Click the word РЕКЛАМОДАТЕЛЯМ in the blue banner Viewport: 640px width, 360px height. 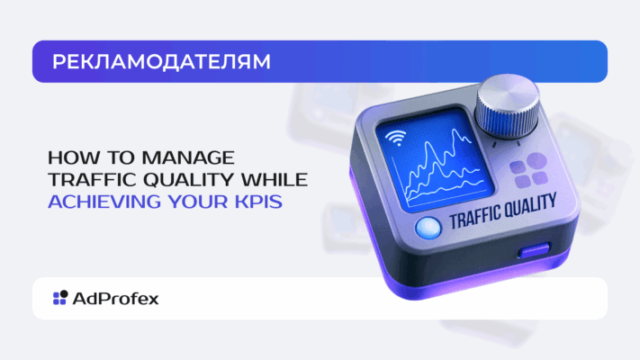(161, 61)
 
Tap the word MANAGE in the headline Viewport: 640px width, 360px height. (188, 157)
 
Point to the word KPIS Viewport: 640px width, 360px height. (258, 202)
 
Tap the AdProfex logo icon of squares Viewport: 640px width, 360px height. (60, 298)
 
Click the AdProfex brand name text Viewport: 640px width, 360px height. (115, 299)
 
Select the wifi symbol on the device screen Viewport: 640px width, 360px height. (396, 137)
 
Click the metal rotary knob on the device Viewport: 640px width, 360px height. (508, 106)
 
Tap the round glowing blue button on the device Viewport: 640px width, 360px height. (428, 228)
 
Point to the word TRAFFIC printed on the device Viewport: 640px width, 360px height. (474, 215)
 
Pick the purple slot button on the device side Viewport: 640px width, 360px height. (535, 250)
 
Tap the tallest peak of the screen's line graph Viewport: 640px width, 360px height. (455, 130)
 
